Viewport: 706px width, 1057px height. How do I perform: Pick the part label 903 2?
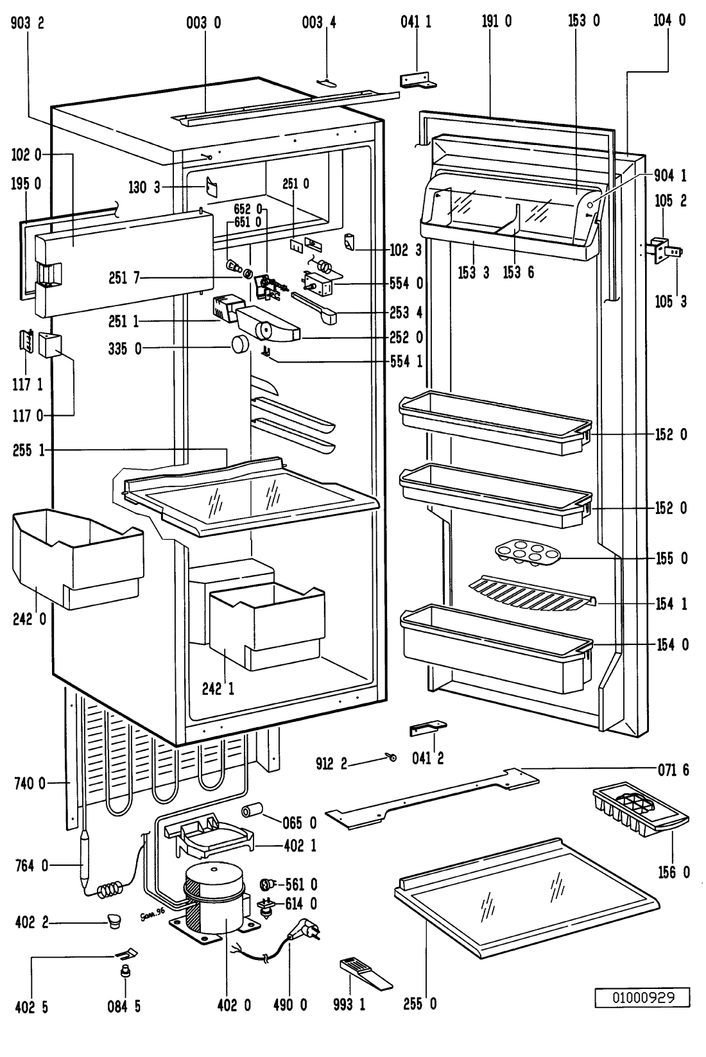28,22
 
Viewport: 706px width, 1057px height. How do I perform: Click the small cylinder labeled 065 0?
254,811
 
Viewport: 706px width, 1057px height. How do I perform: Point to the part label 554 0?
406,283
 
